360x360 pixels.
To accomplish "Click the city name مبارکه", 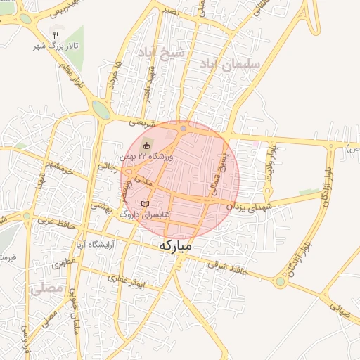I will click(x=176, y=247).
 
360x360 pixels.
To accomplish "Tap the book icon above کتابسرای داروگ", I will click(x=145, y=203).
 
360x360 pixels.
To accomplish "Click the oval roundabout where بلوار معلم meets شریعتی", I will click(x=101, y=110).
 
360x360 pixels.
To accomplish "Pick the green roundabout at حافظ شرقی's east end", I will click(x=280, y=282).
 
